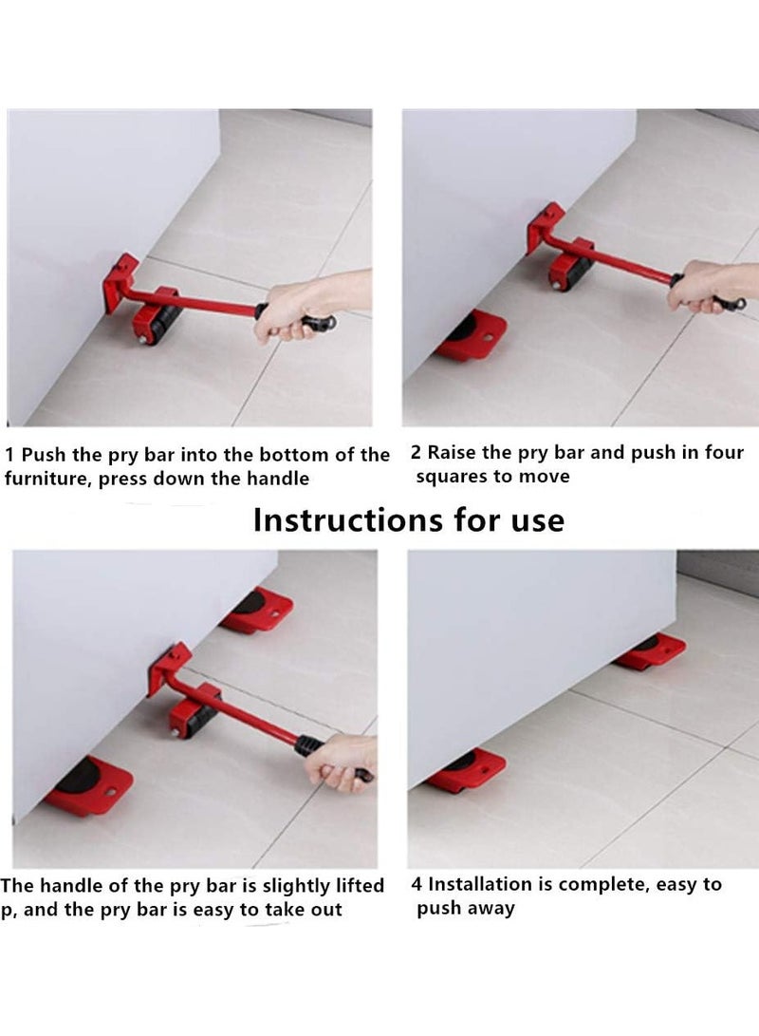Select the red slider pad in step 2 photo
pyautogui.click(x=469, y=336)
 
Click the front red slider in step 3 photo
pyautogui.click(x=89, y=784)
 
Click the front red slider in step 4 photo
pyautogui.click(x=465, y=769)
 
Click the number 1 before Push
pyautogui.click(x=9, y=455)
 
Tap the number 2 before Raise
pyautogui.click(x=417, y=453)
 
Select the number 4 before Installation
pyautogui.click(x=417, y=884)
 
